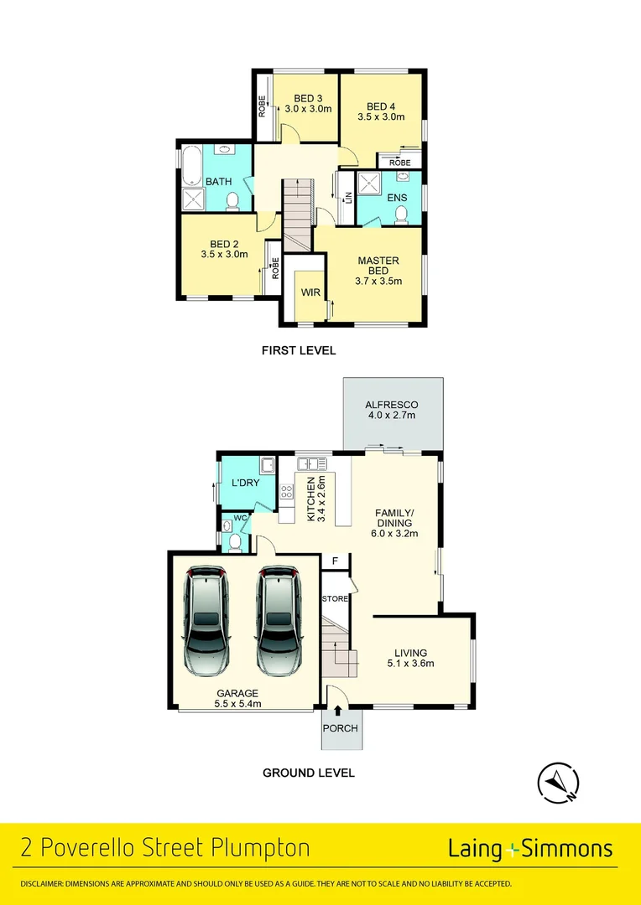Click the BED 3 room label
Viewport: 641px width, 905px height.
point(308,98)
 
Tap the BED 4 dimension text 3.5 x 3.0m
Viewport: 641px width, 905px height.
point(381,118)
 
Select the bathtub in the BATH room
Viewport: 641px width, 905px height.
point(192,167)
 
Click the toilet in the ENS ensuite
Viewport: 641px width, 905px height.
point(401,215)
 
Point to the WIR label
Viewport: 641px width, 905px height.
point(310,292)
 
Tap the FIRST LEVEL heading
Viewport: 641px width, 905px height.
point(299,350)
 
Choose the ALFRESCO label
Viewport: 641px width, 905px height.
point(393,405)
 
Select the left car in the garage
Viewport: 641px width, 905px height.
point(206,619)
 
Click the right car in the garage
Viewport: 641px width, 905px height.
point(279,619)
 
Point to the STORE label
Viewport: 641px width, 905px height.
point(336,599)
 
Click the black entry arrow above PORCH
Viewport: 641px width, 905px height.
point(337,711)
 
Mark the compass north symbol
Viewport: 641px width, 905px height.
point(557,783)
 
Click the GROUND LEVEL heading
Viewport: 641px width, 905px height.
point(309,773)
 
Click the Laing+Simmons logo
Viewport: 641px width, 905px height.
point(530,849)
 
